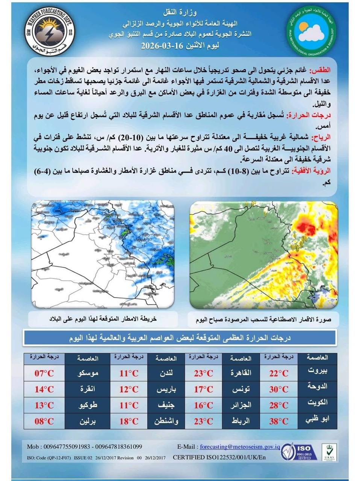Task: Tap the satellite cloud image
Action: [264, 255]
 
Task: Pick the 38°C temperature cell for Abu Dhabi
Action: [279, 421]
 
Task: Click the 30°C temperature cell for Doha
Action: [279, 389]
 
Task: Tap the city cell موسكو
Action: [88, 373]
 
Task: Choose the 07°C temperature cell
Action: [44, 373]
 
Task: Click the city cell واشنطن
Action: [166, 421]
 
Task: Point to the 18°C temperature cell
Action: [129, 421]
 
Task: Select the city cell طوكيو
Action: [88, 405]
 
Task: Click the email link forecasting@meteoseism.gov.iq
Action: [240, 447]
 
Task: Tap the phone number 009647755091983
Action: [66, 447]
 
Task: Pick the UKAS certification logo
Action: [329, 452]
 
